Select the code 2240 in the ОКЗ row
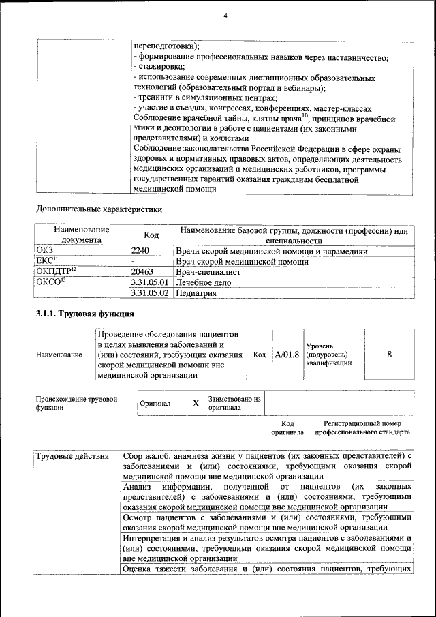point(140,251)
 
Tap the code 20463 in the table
point(142,271)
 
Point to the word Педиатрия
point(196,293)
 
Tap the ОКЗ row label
point(44,251)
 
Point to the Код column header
point(151,235)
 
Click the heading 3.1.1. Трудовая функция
point(84,314)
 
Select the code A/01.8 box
point(287,355)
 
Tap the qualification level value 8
point(389,355)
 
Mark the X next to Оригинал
point(196,403)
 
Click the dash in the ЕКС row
point(134,261)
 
